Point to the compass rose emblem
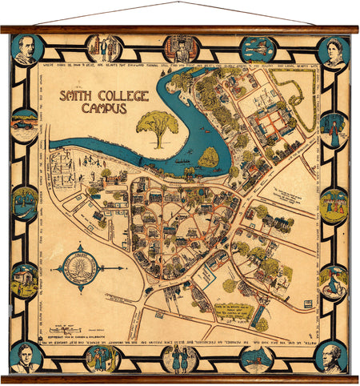[78, 268]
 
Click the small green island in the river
[208, 157]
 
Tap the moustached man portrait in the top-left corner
[26, 50]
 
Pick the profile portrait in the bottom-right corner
[332, 357]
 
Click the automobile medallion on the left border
[24, 126]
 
